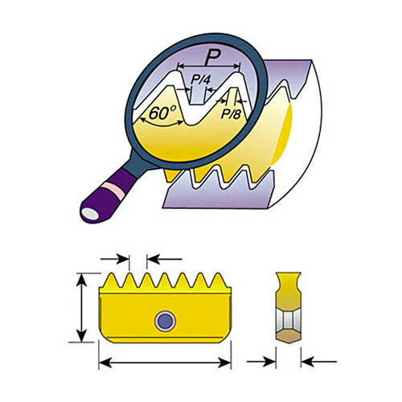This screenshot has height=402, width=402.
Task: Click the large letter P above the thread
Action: pyautogui.click(x=213, y=57)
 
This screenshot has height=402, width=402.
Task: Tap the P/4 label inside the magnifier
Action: pyautogui.click(x=200, y=80)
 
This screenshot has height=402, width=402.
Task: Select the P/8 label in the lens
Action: pyautogui.click(x=231, y=114)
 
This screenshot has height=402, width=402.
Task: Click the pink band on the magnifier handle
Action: pyautogui.click(x=113, y=191)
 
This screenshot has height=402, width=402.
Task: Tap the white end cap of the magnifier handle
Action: pyautogui.click(x=90, y=214)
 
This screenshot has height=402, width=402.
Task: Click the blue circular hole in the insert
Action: pyautogui.click(x=166, y=321)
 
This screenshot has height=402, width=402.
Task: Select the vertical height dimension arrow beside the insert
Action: pyautogui.click(x=81, y=308)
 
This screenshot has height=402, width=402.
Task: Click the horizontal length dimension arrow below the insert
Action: pyautogui.click(x=165, y=363)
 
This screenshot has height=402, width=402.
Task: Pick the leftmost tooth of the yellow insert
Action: pyautogui.click(x=112, y=281)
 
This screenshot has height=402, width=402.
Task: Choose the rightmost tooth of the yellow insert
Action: pyautogui.click(x=219, y=281)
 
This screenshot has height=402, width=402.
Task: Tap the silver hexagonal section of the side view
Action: pyautogui.click(x=289, y=320)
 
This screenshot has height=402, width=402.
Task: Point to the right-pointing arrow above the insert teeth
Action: pyautogui.click(x=115, y=259)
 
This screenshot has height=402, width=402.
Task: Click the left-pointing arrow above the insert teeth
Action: pyautogui.click(x=165, y=259)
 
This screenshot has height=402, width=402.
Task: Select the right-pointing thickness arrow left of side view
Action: pyautogui.click(x=261, y=362)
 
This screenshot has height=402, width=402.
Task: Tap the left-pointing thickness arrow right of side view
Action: pyautogui.click(x=319, y=362)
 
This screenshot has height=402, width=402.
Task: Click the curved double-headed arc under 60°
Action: pyautogui.click(x=162, y=125)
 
